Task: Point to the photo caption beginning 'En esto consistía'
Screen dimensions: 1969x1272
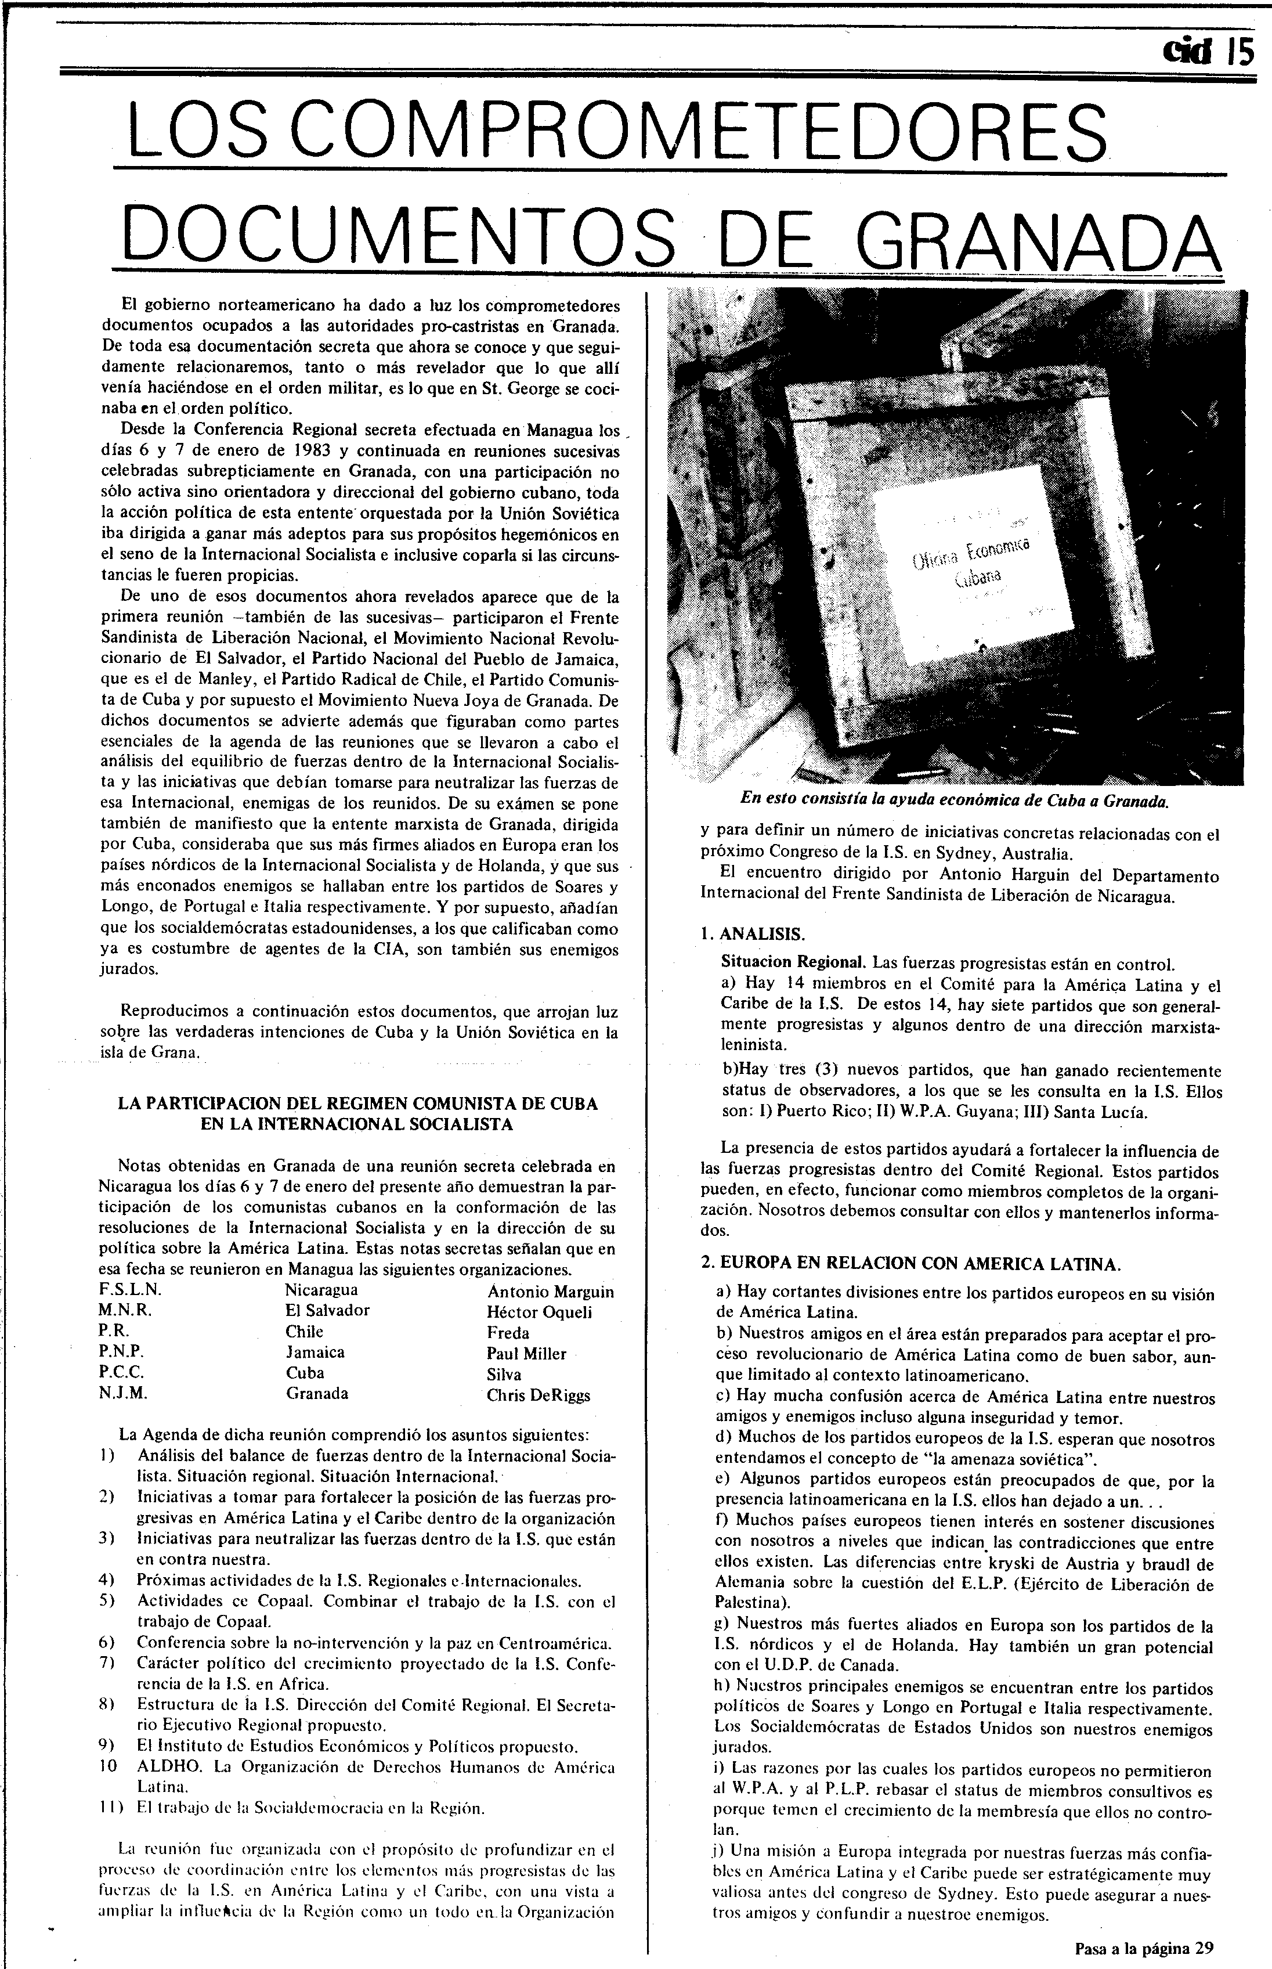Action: (x=954, y=800)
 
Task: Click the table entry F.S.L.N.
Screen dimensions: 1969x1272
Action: (x=129, y=1290)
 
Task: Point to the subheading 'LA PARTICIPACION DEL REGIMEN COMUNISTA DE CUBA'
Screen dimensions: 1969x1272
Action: (x=357, y=1103)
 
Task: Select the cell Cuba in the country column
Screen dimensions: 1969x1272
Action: (x=305, y=1373)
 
